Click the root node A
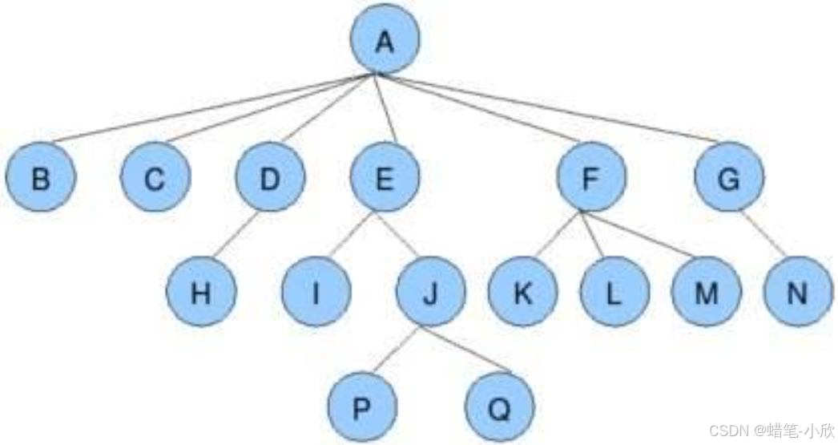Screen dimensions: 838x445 pyautogui.click(x=385, y=39)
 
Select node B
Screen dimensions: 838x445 pyautogui.click(x=41, y=177)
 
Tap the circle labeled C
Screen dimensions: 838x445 pyautogui.click(x=155, y=177)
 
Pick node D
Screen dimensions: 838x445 pyautogui.click(x=271, y=177)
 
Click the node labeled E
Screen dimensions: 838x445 pyautogui.click(x=385, y=177)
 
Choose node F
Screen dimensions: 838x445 pyautogui.click(x=591, y=177)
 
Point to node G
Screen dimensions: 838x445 pyautogui.click(x=729, y=177)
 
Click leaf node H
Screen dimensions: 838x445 pyautogui.click(x=201, y=292)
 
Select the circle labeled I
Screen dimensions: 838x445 pyautogui.click(x=316, y=292)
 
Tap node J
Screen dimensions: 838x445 pyautogui.click(x=431, y=292)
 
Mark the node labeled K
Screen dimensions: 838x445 pyautogui.click(x=522, y=292)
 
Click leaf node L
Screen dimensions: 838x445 pyautogui.click(x=614, y=292)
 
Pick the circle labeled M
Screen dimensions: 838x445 pyautogui.click(x=707, y=292)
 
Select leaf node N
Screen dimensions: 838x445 pyautogui.click(x=798, y=292)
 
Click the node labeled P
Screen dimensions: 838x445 pyautogui.click(x=362, y=407)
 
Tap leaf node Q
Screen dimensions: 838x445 pyautogui.click(x=500, y=407)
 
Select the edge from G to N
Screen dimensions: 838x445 pyautogui.click(x=763, y=234)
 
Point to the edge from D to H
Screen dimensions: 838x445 pyautogui.click(x=236, y=234)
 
